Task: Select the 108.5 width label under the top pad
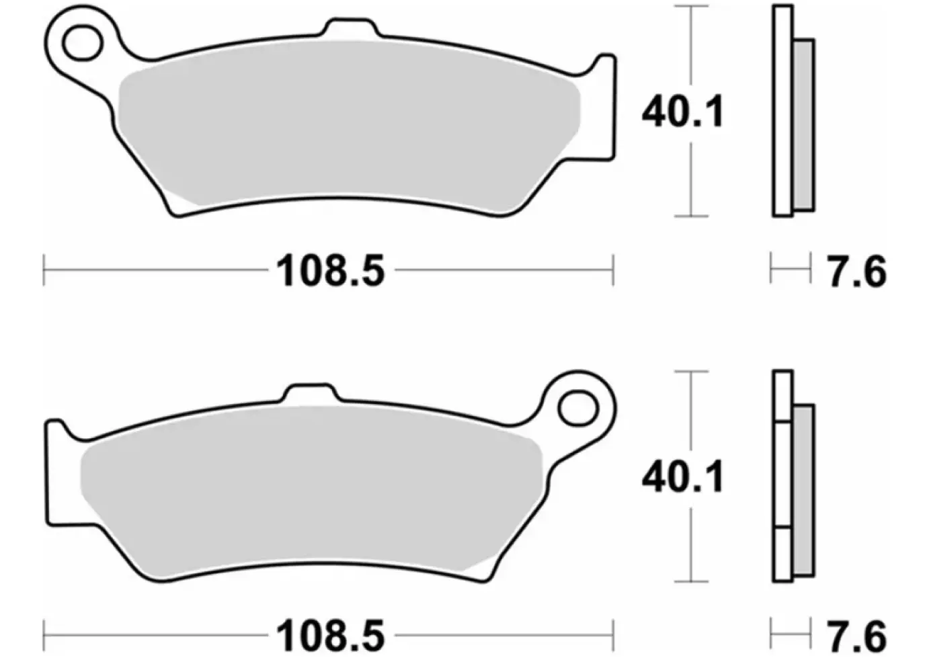[x=330, y=271]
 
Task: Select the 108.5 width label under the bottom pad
[x=330, y=636]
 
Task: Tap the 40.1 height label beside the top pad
[x=683, y=112]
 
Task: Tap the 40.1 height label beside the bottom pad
[x=683, y=478]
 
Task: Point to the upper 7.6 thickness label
[x=856, y=272]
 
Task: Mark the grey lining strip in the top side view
[x=804, y=124]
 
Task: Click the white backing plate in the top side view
[x=782, y=111]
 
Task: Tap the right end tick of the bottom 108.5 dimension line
[x=612, y=634]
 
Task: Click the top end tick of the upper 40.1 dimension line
[x=691, y=6]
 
